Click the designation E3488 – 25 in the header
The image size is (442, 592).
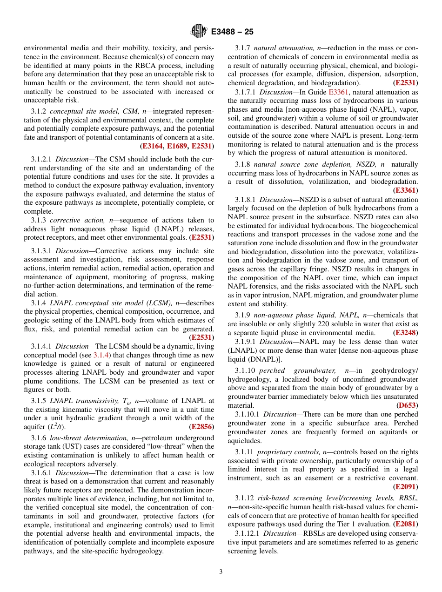click(232, 32)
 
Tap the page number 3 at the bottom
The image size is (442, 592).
click(221, 572)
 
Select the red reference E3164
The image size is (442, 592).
click(153, 146)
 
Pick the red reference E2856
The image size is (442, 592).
click(201, 426)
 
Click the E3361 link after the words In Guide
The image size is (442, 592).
click(338, 92)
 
